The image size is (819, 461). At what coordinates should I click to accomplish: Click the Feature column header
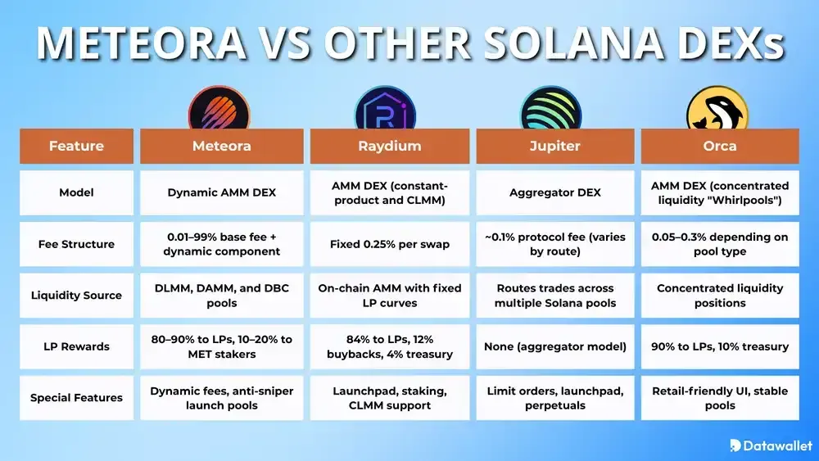(x=76, y=146)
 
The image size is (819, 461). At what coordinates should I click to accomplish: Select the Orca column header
(x=720, y=146)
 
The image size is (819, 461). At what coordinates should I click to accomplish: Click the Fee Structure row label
(x=76, y=244)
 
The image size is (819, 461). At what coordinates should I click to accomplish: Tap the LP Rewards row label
(x=76, y=346)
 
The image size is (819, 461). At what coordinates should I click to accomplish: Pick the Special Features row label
(x=76, y=398)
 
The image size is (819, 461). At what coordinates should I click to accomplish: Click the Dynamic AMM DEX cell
(x=221, y=192)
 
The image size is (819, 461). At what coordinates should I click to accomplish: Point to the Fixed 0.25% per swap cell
(x=389, y=244)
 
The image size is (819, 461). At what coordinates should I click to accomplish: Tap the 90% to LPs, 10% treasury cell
(x=720, y=346)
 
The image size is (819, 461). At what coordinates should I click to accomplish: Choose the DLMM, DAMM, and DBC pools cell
(x=221, y=295)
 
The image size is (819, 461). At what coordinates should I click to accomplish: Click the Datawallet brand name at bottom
(x=776, y=445)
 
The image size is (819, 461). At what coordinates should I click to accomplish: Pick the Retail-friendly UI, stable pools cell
(x=720, y=398)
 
